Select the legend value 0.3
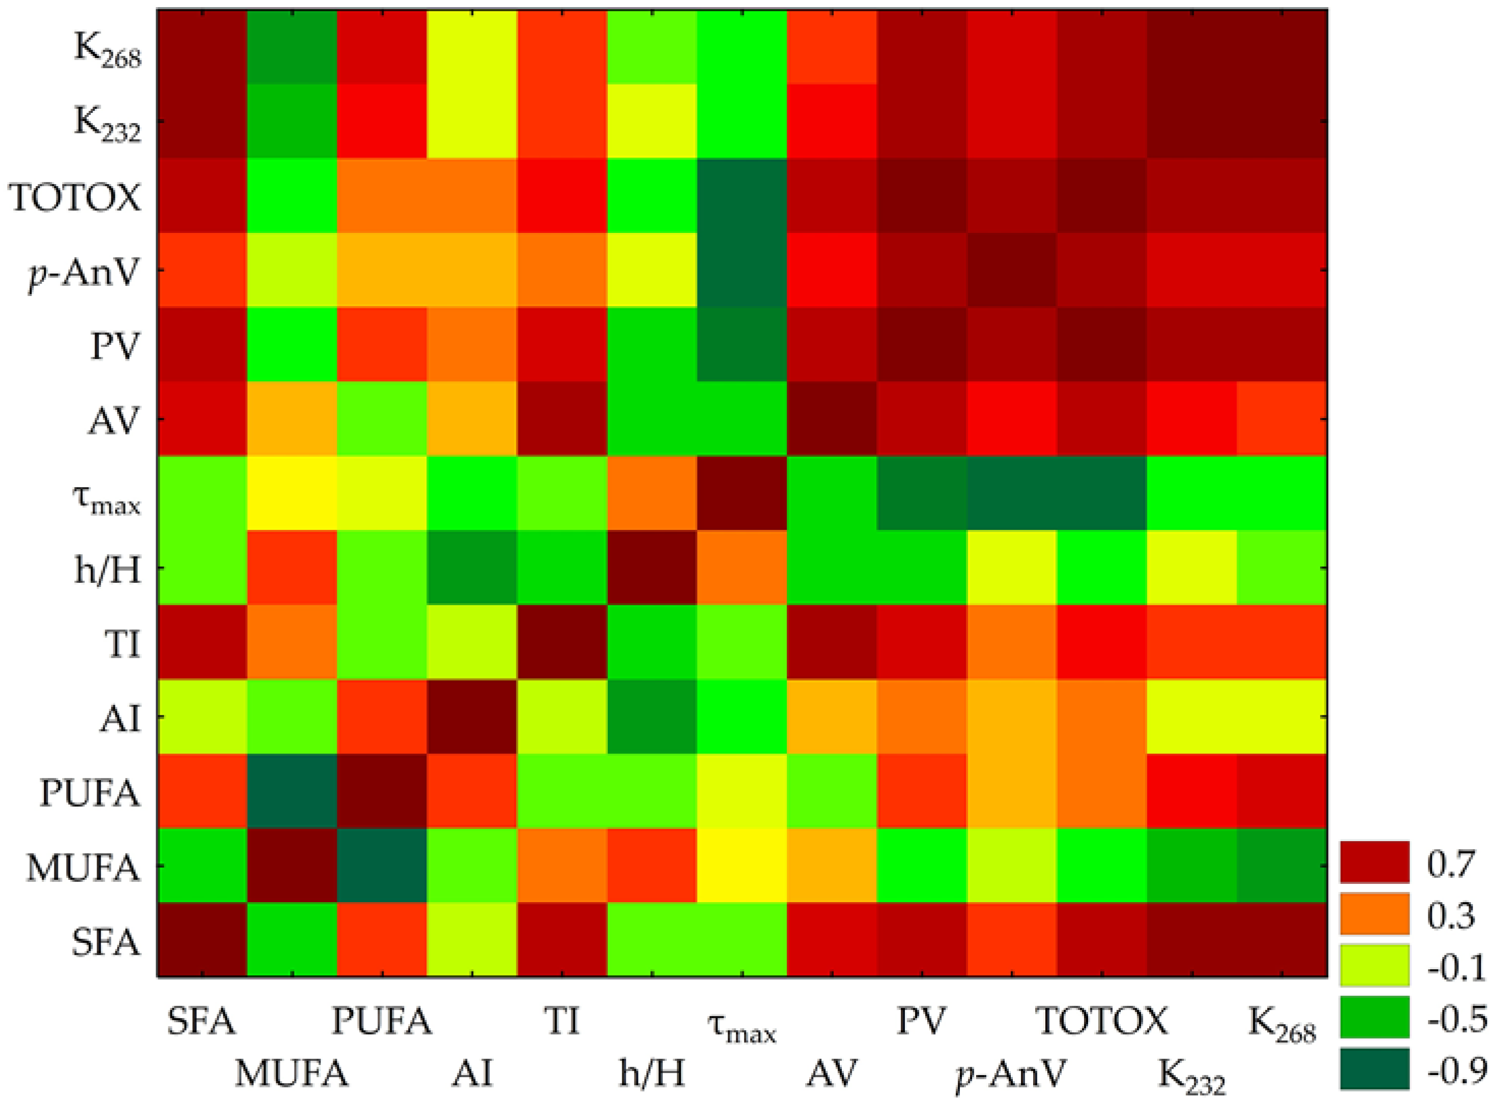pos(1451,915)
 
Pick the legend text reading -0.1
pos(1455,967)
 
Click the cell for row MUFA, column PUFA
pos(382,866)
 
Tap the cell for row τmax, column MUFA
pos(292,493)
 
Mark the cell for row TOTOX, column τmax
pos(742,196)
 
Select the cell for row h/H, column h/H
pos(652,568)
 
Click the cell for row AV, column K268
pos(1281,419)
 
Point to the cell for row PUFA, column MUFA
pos(292,791)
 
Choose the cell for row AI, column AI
pos(472,717)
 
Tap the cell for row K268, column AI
pos(472,47)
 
